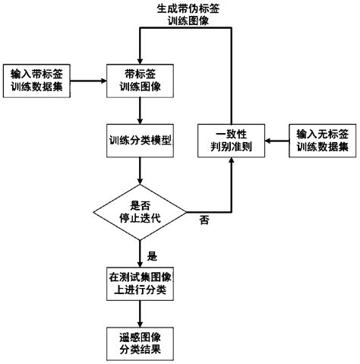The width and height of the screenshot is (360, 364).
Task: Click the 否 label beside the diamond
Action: click(x=204, y=220)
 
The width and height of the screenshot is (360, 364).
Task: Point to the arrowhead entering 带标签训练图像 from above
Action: click(x=138, y=59)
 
